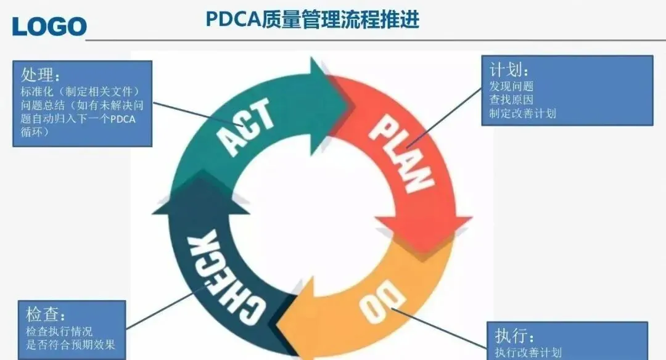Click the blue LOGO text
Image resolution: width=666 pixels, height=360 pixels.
pyautogui.click(x=49, y=25)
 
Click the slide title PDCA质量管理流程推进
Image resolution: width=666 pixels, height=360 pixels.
pyautogui.click(x=313, y=20)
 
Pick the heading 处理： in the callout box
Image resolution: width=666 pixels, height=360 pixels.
pyautogui.click(x=41, y=76)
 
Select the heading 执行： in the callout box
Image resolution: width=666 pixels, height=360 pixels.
pyautogui.click(x=514, y=336)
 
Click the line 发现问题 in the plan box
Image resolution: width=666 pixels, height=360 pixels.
pyautogui.click(x=511, y=86)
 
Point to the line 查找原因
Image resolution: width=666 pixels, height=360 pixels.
pyautogui.click(x=511, y=99)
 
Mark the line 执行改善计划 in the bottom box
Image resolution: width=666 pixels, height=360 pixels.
pyautogui.click(x=528, y=353)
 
